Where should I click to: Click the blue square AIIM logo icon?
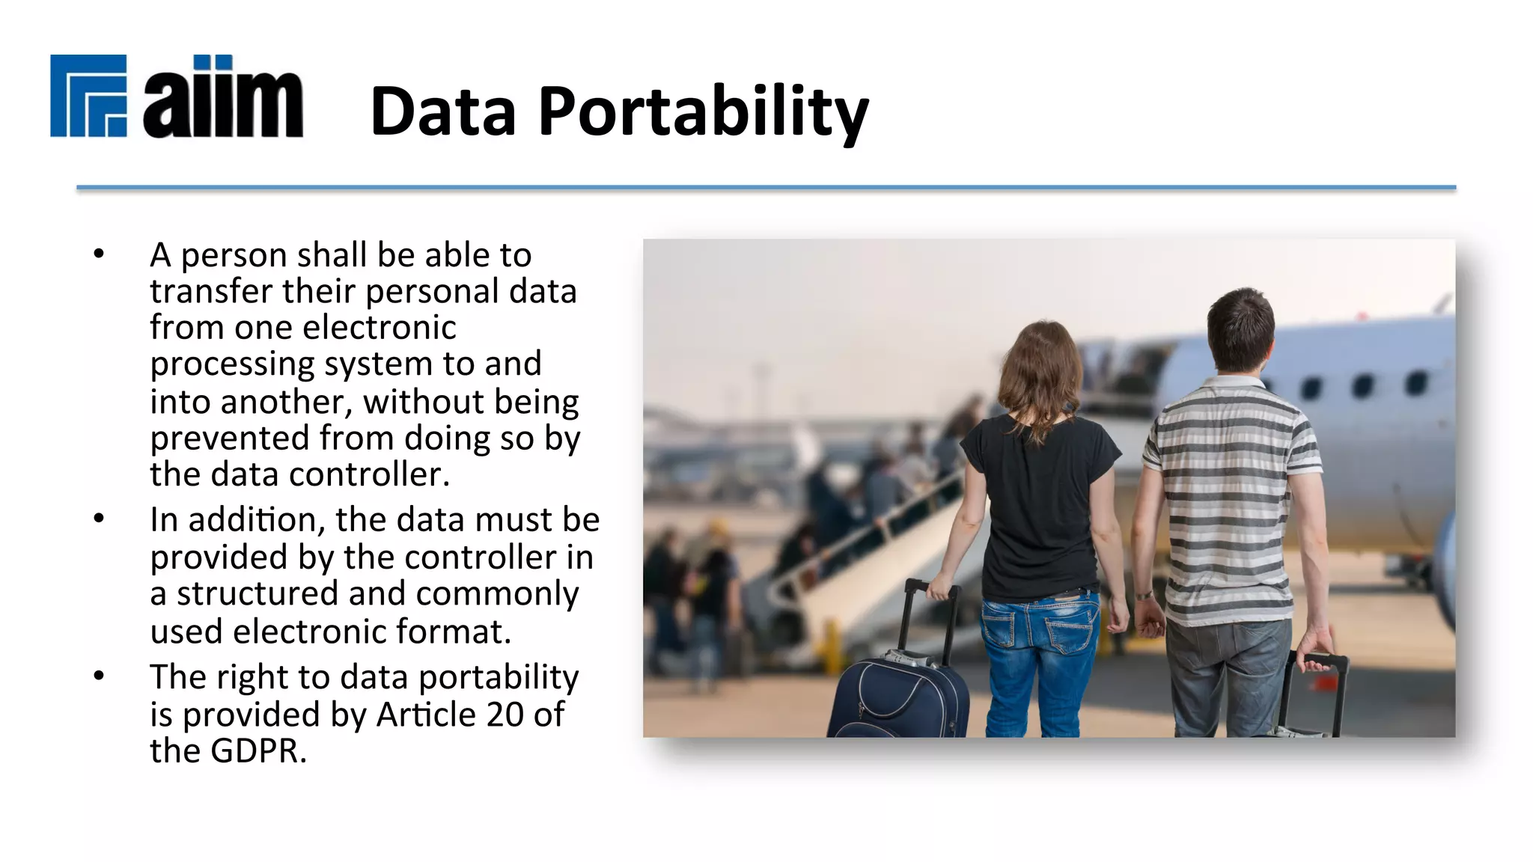[88, 96]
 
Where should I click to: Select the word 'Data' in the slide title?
[443, 112]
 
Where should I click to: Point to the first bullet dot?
[99, 254]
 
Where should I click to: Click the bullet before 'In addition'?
[99, 519]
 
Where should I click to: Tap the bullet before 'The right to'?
[99, 676]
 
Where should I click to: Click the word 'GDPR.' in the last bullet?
[259, 751]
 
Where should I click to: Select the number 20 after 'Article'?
[505, 714]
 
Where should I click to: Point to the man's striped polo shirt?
[1228, 501]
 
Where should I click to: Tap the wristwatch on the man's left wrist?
[1143, 596]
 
